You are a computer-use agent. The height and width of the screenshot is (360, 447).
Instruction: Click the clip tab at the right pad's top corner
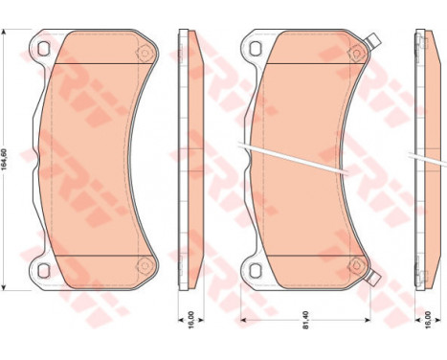[371, 40]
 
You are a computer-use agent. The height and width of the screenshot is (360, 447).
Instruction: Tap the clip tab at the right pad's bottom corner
[373, 280]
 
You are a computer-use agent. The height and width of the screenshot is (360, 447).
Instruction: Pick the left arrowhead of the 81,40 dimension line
[243, 318]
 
